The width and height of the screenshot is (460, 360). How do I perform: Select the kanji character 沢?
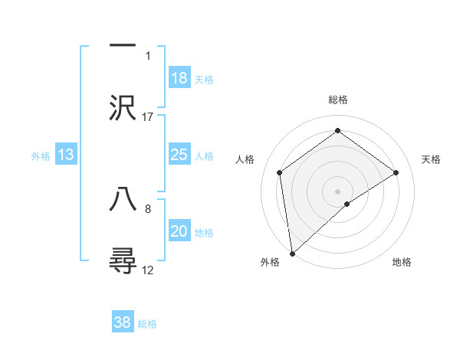(123, 108)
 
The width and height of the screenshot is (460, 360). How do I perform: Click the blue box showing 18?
(179, 78)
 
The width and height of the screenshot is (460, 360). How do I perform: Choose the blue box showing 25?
(179, 155)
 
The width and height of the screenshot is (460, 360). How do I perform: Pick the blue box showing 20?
(179, 231)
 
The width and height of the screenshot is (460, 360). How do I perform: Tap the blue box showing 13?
(66, 155)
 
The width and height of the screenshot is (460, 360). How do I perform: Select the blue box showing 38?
(123, 322)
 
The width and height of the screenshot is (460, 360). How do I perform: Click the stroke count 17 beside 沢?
(148, 116)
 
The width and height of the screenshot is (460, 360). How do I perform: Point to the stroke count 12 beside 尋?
(148, 270)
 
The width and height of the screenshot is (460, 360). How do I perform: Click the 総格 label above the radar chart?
(337, 100)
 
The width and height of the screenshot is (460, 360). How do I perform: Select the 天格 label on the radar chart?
(431, 159)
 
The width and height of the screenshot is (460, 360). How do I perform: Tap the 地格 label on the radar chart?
(402, 262)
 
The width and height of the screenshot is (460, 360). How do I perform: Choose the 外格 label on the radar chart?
(270, 262)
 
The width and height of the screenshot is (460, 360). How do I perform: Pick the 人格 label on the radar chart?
(245, 159)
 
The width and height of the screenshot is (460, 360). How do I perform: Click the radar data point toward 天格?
(396, 172)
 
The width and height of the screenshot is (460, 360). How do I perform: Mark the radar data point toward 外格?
(291, 253)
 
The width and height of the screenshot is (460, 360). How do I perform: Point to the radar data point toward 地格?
(347, 204)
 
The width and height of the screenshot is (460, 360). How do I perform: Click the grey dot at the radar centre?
(337, 191)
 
